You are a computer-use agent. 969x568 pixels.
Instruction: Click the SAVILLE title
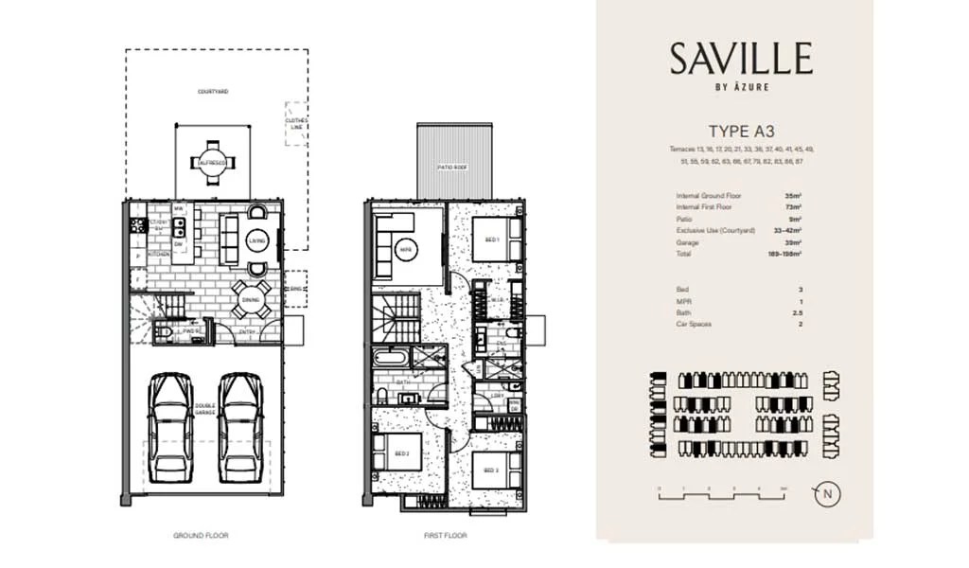tap(741, 59)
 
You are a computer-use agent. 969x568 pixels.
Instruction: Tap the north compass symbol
tap(828, 493)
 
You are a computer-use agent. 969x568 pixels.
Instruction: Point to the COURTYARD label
tap(213, 92)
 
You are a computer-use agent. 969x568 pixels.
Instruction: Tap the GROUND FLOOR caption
tap(201, 535)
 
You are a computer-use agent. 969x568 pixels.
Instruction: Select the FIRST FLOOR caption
tap(445, 535)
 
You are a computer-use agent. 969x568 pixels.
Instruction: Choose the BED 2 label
tap(401, 454)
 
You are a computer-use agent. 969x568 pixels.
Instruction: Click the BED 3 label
tap(490, 470)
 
